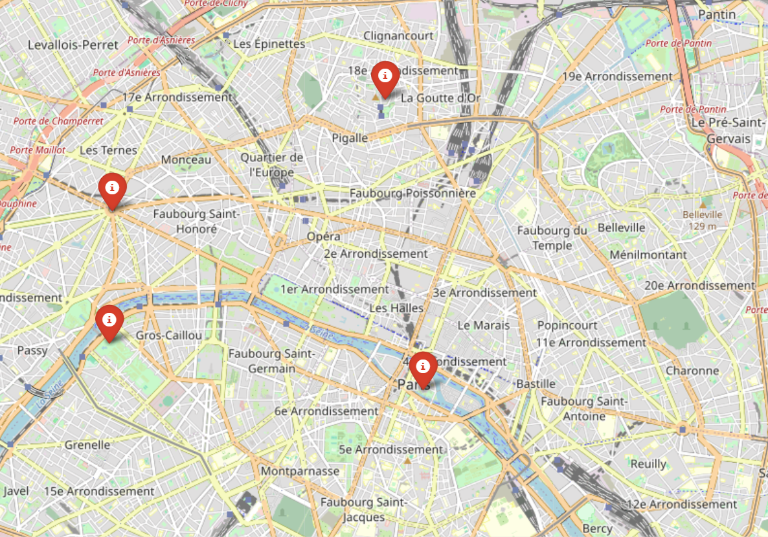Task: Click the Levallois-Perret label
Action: pos(73,45)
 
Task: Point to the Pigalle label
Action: pos(350,138)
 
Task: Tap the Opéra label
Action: pos(324,237)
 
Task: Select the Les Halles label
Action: pos(396,308)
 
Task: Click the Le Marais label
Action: pos(484,325)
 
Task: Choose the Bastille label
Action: pos(536,383)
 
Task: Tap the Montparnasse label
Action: pos(300,471)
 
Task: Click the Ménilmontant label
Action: pos(648,255)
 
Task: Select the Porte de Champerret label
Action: pos(58,121)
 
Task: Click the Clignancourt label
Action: pos(398,36)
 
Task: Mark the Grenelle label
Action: pos(87,445)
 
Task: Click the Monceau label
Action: pos(186,159)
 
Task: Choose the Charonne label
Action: pos(692,371)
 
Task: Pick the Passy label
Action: pos(32,350)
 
